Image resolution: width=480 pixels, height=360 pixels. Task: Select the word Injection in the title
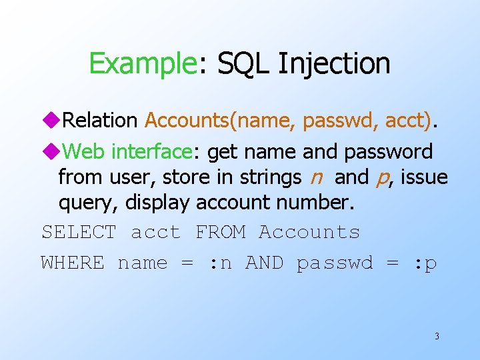[x=334, y=64]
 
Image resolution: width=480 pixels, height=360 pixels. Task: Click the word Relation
[x=99, y=121]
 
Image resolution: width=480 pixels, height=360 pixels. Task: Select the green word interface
[x=151, y=152]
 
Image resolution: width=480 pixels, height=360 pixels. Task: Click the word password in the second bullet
[x=389, y=152]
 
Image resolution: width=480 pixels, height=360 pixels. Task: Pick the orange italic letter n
[x=317, y=178]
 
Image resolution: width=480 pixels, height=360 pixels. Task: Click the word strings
[x=271, y=178]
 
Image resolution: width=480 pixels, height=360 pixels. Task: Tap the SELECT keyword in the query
[x=79, y=232]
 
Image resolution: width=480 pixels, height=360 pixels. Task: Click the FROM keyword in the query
[x=221, y=232]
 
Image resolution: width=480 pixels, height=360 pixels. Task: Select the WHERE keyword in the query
[x=73, y=263]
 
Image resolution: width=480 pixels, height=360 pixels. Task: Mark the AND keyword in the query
[x=265, y=263]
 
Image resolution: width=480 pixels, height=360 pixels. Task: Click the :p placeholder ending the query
[x=425, y=263]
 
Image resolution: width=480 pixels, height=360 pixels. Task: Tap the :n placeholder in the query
[x=221, y=263]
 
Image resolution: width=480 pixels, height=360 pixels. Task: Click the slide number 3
[x=437, y=336]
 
